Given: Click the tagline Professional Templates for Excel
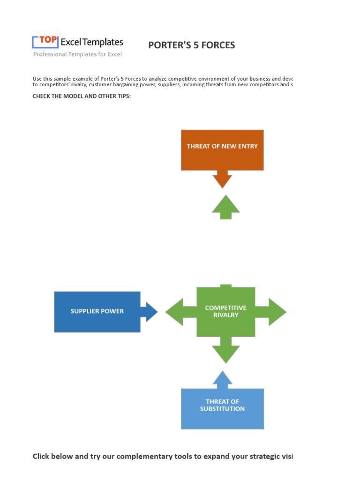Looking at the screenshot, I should pyautogui.click(x=77, y=54).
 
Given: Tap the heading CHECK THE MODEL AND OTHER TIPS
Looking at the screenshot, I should pyautogui.click(x=82, y=96).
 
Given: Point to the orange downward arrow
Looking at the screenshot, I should pyautogui.click(x=222, y=180).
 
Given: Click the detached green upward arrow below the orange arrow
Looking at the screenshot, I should pyautogui.click(x=225, y=207).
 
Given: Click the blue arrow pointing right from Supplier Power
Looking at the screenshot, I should pyautogui.click(x=150, y=312).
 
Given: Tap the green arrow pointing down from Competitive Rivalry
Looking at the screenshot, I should pyautogui.click(x=225, y=352).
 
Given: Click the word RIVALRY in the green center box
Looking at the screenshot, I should pyautogui.click(x=225, y=315).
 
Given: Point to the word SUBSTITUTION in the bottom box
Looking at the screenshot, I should pyautogui.click(x=222, y=409).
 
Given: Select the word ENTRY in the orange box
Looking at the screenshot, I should pyautogui.click(x=248, y=146).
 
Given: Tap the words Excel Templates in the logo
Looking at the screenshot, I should pyautogui.click(x=92, y=42).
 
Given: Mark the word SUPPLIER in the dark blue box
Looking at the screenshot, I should pyautogui.click(x=85, y=311).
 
